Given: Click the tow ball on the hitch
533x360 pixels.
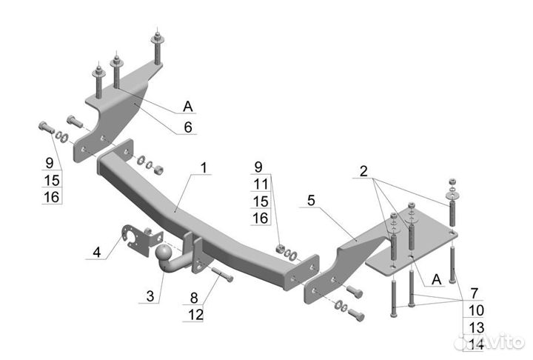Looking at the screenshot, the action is coord(164,254).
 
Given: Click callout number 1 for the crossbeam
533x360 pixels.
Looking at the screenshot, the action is coord(204,167).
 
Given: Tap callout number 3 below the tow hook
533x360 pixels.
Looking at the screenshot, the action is coord(150,296).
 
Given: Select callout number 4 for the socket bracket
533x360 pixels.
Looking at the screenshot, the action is coord(97,253).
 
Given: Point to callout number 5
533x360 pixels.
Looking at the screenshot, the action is coord(311,201).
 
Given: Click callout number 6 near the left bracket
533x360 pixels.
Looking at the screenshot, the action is coord(188,127).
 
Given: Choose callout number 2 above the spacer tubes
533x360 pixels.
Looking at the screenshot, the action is coord(363,171).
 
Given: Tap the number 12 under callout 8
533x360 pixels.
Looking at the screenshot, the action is coord(195,315).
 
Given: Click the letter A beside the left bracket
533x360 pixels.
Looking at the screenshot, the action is coord(188,107).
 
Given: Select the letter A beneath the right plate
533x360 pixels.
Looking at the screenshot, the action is coord(436,280).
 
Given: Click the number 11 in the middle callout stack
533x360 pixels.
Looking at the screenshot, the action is coord(261,184).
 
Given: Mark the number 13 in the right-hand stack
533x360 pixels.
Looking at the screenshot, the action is coord(477,327).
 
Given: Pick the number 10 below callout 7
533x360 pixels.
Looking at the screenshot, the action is coord(477,310).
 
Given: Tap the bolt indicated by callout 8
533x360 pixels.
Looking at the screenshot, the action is coord(223,275).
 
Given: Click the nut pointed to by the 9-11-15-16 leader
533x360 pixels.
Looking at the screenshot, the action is coord(281,250).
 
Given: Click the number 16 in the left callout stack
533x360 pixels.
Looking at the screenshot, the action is coord(52,197).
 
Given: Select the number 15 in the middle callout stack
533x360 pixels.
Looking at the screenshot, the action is coord(261,201).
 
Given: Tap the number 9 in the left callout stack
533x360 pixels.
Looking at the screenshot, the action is coord(50,163).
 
